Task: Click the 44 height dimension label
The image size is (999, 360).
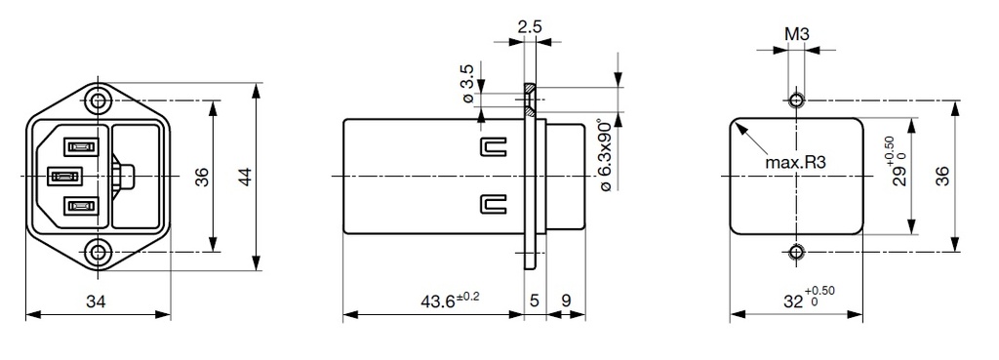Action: pos(245,177)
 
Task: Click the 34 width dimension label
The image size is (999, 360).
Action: pos(96,302)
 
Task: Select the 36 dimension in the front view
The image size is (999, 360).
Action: pos(202,177)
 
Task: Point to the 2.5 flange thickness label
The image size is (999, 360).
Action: pos(530,25)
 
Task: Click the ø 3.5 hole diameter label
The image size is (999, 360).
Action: pos(467,85)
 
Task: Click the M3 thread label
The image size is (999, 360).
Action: pos(797,35)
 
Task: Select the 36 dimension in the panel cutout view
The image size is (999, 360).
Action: pos(942,177)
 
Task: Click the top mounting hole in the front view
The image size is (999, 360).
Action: pos(97,100)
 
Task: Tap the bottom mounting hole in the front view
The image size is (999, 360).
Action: pos(97,252)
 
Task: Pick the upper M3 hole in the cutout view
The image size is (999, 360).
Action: pos(797,100)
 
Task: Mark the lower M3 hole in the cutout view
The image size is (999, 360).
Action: pos(797,253)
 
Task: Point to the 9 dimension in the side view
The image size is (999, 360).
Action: pos(567,302)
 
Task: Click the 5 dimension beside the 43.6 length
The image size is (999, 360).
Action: pos(534,302)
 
